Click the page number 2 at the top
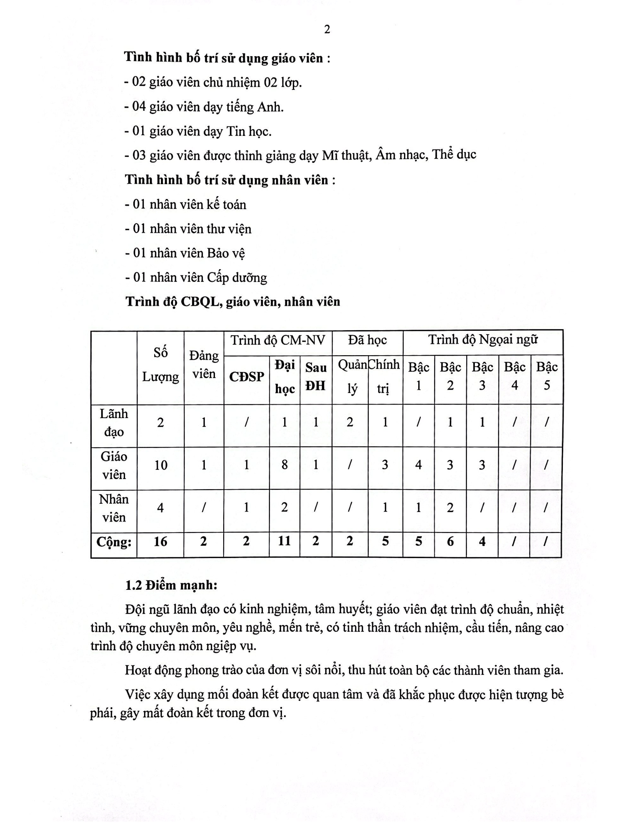point(327,30)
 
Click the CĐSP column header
point(246,377)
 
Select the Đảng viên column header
point(204,365)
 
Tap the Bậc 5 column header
point(547,376)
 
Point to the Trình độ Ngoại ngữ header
point(483,340)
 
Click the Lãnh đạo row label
point(114,423)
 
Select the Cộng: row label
point(114,542)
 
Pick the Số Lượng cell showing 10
point(161,466)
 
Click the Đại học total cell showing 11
point(284,541)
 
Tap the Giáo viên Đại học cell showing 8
point(284,465)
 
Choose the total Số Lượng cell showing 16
point(160,542)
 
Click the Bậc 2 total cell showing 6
point(450,542)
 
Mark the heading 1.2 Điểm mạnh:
point(171,585)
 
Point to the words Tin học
point(248,131)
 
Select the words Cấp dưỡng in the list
point(237,278)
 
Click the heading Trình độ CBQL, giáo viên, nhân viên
point(233,302)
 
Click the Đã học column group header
point(367,340)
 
